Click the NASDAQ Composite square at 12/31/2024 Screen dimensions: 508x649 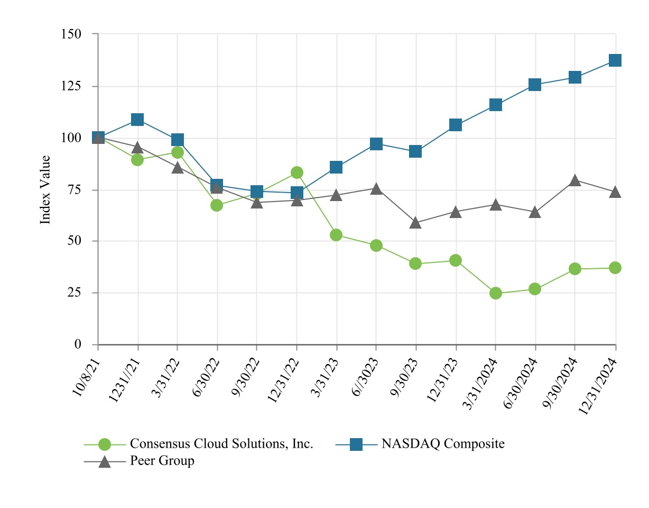pos(615,60)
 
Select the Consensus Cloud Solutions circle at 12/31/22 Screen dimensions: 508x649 pos(296,173)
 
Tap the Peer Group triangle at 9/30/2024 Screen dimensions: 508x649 pos(575,180)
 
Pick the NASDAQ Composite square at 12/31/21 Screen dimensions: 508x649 pos(137,120)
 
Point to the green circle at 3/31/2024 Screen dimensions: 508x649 pos(496,293)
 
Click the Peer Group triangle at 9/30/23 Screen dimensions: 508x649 pos(415,223)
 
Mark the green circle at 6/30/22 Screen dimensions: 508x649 pos(217,205)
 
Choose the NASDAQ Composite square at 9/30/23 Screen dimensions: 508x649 pos(415,152)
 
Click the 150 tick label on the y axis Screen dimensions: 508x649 pos(72,34)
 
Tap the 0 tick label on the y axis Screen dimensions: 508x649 pos(78,344)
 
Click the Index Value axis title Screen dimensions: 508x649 pos(46,189)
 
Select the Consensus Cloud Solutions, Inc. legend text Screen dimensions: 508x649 pos(222,444)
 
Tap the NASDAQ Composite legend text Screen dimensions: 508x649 pos(443,444)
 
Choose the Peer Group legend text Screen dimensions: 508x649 pos(162,461)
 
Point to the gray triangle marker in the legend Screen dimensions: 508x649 pos(105,461)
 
